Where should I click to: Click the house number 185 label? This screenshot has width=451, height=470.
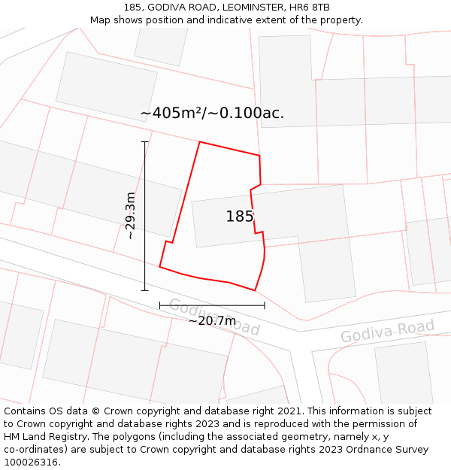tap(239, 217)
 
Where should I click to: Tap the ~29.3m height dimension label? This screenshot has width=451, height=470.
tap(131, 216)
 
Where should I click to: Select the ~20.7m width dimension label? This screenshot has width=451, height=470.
tap(212, 321)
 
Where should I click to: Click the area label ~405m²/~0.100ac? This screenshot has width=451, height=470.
tap(212, 114)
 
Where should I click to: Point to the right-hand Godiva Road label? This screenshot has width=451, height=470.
tap(387, 331)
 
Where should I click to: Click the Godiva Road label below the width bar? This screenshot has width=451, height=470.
tap(214, 317)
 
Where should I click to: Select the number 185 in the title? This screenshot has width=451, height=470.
tap(133, 8)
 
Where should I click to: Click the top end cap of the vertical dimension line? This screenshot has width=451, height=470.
tap(144, 141)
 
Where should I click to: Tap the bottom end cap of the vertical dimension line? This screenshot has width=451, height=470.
tap(144, 290)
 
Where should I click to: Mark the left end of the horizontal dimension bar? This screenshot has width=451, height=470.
tap(159, 305)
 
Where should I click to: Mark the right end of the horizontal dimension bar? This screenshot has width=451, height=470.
tap(265, 305)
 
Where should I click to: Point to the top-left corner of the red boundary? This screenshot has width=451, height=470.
tap(200, 141)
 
